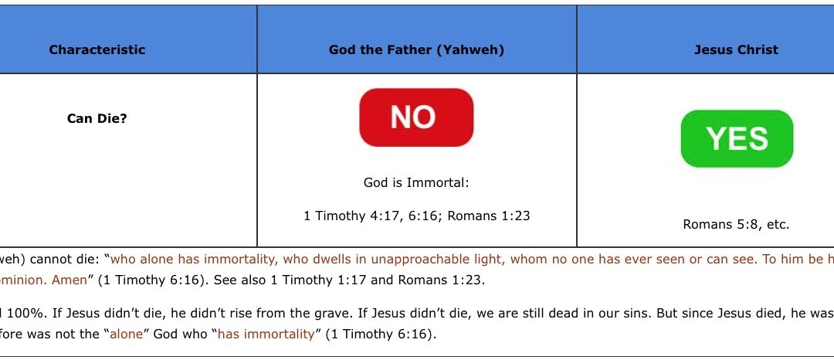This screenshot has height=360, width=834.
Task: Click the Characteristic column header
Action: pos(97,50)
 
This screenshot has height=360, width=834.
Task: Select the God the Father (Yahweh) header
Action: pos(416,50)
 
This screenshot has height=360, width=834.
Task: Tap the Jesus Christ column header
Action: pos(736,50)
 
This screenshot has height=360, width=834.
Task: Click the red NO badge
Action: pos(416,117)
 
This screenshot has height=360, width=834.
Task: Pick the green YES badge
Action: pos(737,139)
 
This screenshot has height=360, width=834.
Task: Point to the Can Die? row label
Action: pos(97,118)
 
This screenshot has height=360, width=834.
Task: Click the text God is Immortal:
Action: pos(416,183)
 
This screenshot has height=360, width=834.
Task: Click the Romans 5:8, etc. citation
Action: pos(736,224)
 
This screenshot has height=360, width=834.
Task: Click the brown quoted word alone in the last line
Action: pos(127,335)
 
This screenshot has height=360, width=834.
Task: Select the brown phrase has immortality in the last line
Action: pos(266,335)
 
